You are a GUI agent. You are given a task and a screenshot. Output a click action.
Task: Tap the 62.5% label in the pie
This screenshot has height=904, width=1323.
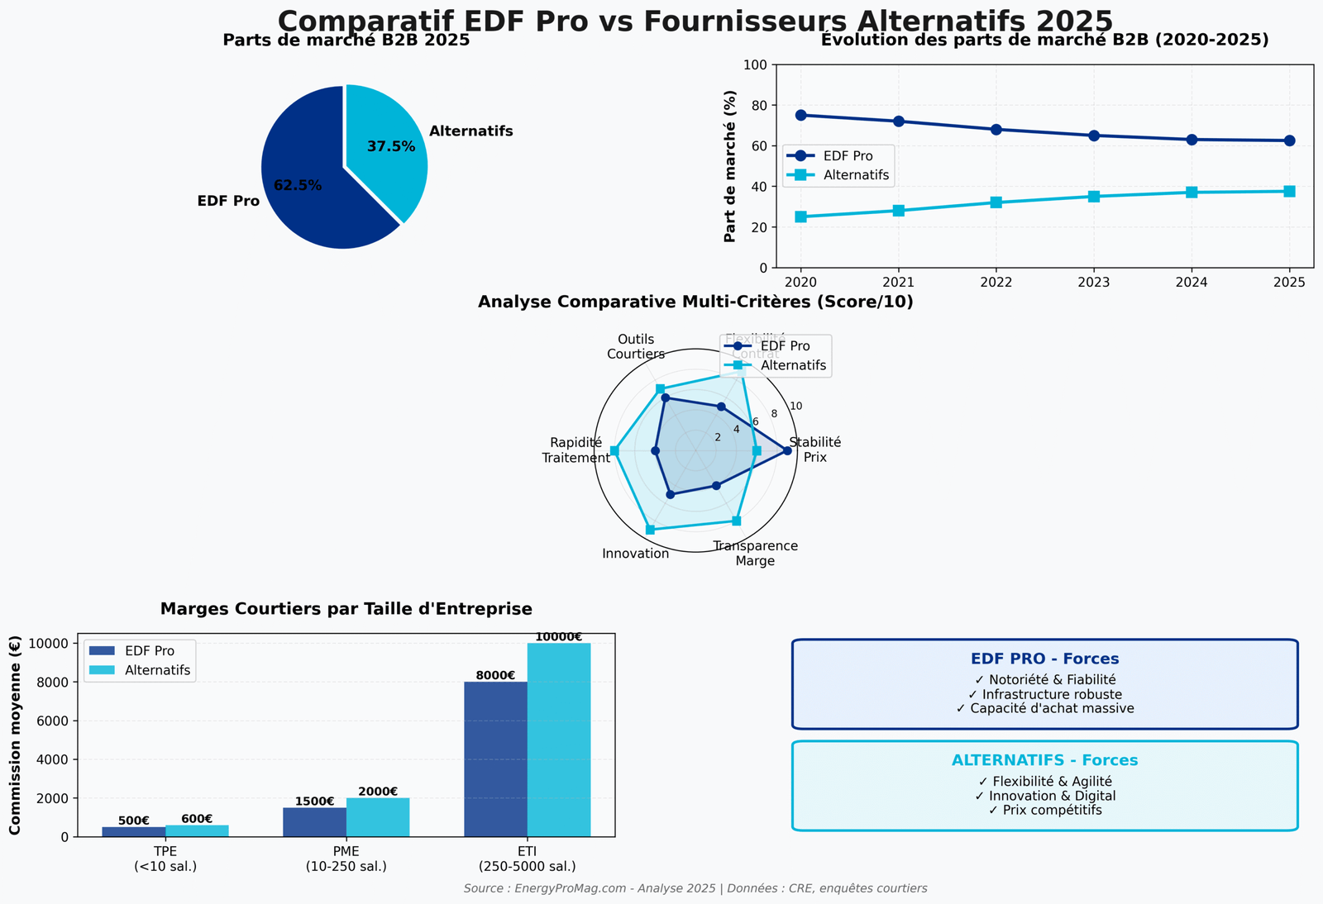298,186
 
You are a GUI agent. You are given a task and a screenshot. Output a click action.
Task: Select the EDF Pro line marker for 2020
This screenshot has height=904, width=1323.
800,115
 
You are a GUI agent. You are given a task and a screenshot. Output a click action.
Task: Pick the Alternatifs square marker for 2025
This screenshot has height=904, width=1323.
1289,192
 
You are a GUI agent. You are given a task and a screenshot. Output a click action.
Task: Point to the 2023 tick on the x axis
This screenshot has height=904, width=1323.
1094,282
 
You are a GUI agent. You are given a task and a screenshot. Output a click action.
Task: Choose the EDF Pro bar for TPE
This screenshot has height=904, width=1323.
134,831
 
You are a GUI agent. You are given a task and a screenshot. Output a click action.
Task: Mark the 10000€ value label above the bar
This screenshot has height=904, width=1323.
558,637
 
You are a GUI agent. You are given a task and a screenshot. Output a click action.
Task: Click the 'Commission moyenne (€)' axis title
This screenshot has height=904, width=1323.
15,735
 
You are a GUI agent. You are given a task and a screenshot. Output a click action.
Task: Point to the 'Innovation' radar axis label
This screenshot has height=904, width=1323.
636,554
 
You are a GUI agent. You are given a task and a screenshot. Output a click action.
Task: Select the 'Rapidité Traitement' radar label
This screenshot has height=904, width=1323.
576,450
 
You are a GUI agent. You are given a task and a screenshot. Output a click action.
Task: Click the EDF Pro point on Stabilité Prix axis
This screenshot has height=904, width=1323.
787,450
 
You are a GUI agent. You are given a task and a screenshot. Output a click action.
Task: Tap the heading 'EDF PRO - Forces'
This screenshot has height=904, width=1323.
1044,659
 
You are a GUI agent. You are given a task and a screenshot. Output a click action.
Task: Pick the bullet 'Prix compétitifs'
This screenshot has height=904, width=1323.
1044,811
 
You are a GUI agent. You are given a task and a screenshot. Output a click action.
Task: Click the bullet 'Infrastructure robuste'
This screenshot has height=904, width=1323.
1044,694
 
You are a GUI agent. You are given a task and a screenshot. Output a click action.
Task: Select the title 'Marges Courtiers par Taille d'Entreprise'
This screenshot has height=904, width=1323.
346,609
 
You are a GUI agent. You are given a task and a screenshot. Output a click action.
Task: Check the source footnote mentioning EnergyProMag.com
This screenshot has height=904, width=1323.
695,888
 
